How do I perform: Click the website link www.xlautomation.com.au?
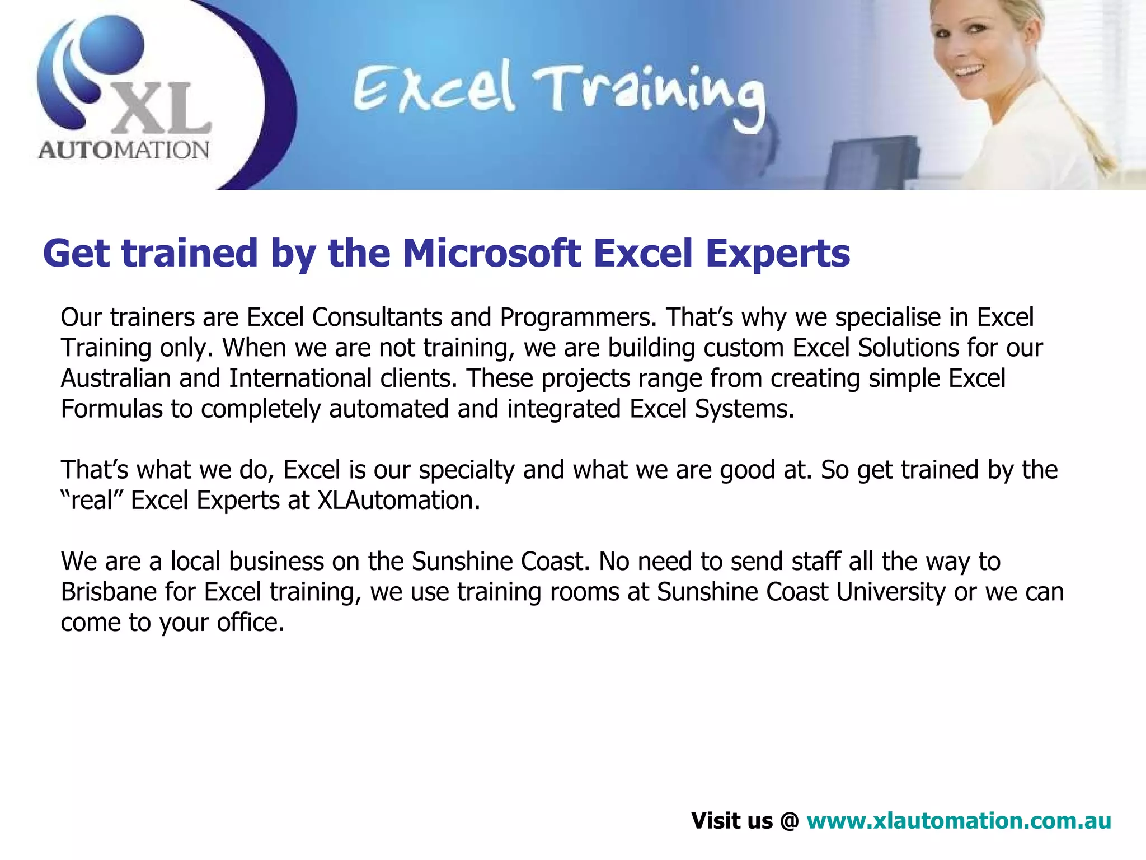(959, 821)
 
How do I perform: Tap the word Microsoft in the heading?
(492, 253)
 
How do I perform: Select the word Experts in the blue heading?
(777, 253)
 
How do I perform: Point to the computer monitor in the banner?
(873, 162)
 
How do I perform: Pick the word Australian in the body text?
(116, 378)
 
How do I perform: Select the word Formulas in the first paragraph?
(112, 409)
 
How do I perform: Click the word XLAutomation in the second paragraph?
(398, 501)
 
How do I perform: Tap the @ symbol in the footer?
(789, 821)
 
